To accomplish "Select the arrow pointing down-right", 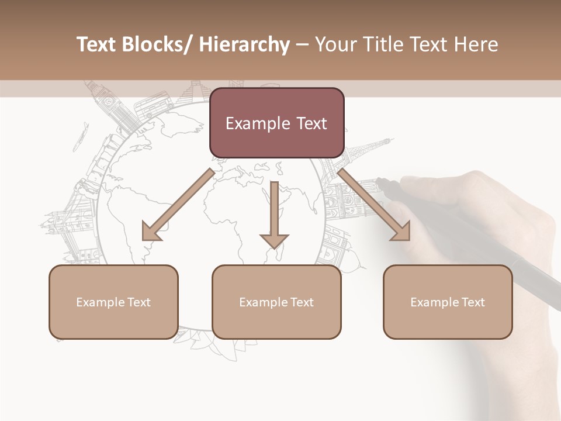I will tap(374, 205).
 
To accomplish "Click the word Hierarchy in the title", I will tap(244, 44).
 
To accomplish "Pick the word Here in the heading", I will tap(477, 44).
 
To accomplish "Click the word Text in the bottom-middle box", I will tap(301, 302).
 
